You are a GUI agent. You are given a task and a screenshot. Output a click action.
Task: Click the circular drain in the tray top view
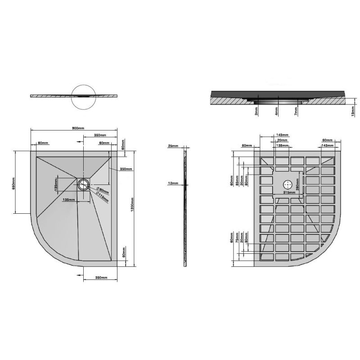[x=83, y=184]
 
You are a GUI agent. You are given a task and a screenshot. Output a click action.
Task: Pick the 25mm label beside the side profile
[x=173, y=146]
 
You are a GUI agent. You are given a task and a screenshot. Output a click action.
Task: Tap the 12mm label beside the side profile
[x=173, y=184]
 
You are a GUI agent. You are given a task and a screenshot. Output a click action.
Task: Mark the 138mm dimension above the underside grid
[x=282, y=145]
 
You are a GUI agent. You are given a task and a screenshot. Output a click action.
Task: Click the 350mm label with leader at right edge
[x=126, y=169]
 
